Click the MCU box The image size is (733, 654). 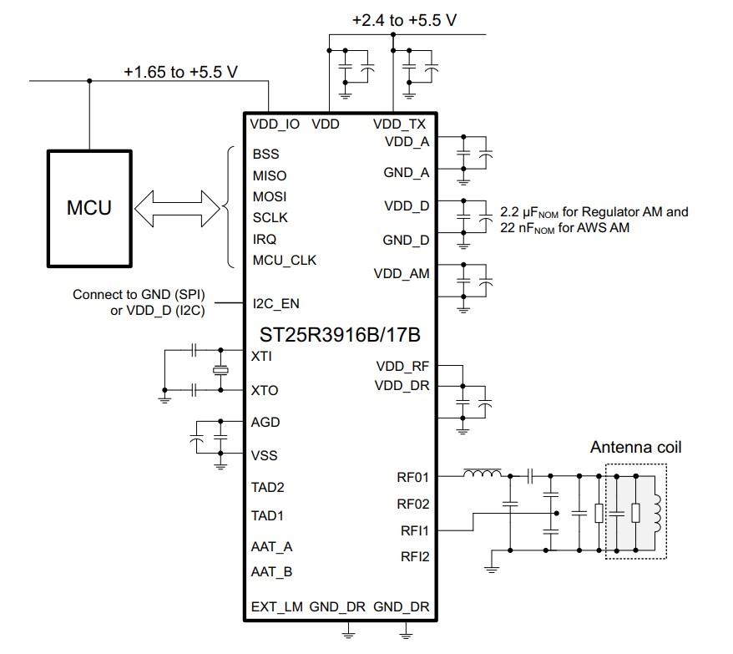click(88, 207)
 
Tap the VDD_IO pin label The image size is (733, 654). click(275, 124)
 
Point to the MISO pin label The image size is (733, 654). click(269, 175)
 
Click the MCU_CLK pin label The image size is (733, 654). click(284, 260)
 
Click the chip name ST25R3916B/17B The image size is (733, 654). click(341, 335)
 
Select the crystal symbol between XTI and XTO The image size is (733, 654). click(220, 371)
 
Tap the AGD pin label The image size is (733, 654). click(265, 423)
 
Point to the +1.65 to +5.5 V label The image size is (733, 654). click(181, 72)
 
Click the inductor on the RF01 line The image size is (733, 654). click(483, 475)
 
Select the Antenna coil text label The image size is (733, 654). click(635, 448)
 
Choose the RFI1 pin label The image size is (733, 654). click(413, 530)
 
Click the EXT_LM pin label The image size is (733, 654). click(276, 607)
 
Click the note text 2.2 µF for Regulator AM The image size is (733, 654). click(594, 212)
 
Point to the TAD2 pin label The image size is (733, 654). click(267, 487)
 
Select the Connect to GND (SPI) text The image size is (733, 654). click(139, 295)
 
